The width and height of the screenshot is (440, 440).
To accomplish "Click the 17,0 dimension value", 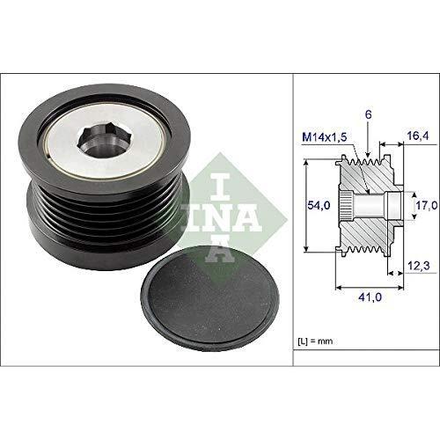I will coord(425,205).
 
